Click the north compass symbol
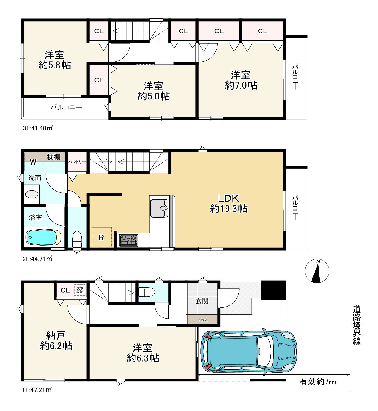pos(317,271)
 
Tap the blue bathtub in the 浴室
pos(43,237)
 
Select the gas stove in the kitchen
pos(129,240)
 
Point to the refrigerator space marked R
pos(102,237)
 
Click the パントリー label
pos(77,162)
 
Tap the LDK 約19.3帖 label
pos(228,203)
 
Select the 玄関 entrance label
pos(202,301)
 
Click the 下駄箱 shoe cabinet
pos(202,320)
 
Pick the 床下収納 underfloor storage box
pos(80,290)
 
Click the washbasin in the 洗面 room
pos(32,194)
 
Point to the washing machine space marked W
pos(33,162)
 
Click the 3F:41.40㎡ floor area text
pos(38,128)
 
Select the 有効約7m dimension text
pos(318,382)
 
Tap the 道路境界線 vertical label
pos(357,325)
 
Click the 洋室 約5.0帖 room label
pos(154,91)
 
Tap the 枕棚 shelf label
pos(54,157)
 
